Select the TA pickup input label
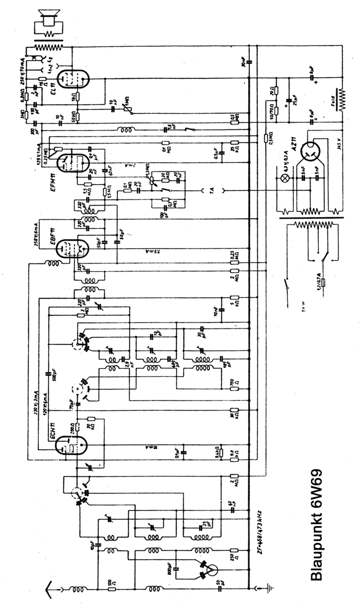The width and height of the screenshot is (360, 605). pyautogui.click(x=212, y=191)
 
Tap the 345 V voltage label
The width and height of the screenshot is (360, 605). pyautogui.click(x=339, y=144)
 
